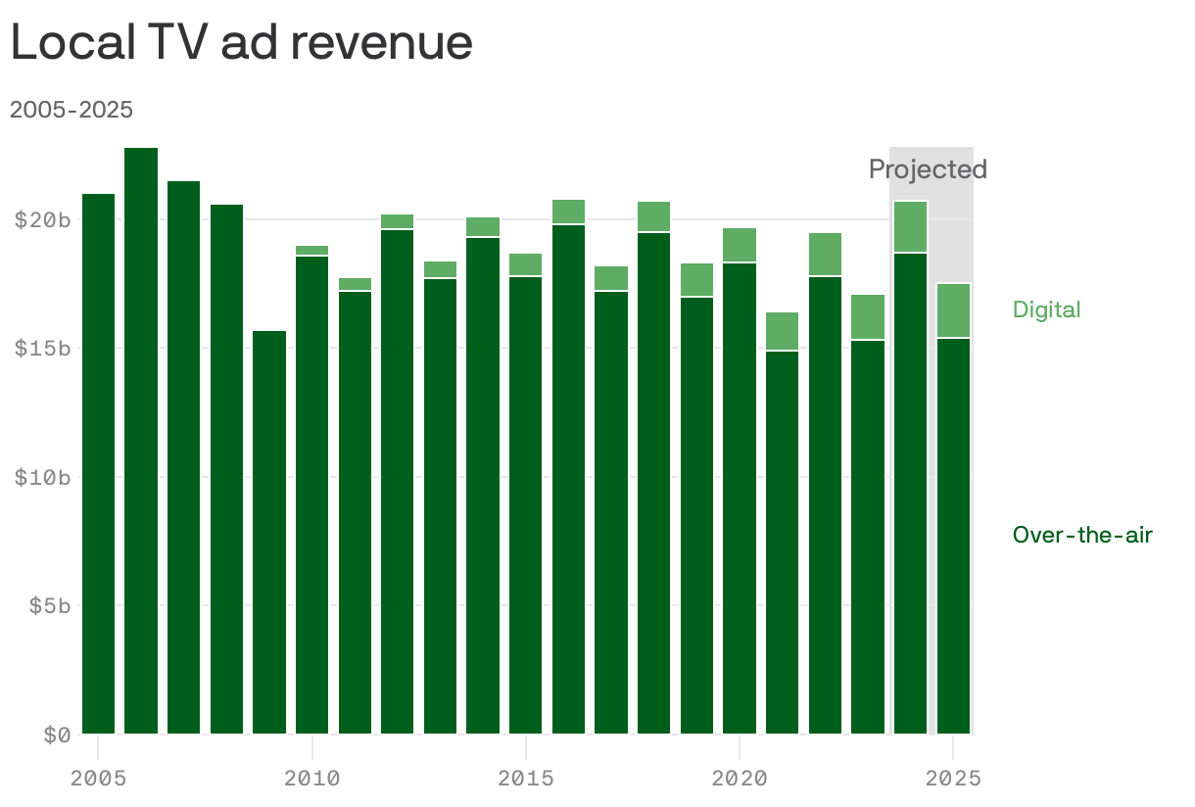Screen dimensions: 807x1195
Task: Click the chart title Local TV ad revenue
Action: tap(241, 43)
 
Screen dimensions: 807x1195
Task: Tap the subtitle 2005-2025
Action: tap(72, 110)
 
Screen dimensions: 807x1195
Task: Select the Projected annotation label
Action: tap(927, 169)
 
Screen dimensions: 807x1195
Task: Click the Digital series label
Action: tap(1046, 310)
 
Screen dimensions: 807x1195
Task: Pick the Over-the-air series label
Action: tap(1082, 535)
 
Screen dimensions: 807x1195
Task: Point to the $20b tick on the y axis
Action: tap(42, 219)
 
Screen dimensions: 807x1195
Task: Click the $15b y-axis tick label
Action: tap(42, 349)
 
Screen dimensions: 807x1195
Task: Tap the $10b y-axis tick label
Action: tap(42, 477)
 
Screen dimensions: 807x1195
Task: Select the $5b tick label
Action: tap(48, 605)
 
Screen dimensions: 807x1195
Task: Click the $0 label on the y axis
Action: tap(57, 735)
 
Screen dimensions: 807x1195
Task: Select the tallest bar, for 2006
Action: tap(141, 441)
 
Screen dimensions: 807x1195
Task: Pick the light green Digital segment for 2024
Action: tap(911, 226)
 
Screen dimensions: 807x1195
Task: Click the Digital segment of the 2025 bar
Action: tap(953, 310)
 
